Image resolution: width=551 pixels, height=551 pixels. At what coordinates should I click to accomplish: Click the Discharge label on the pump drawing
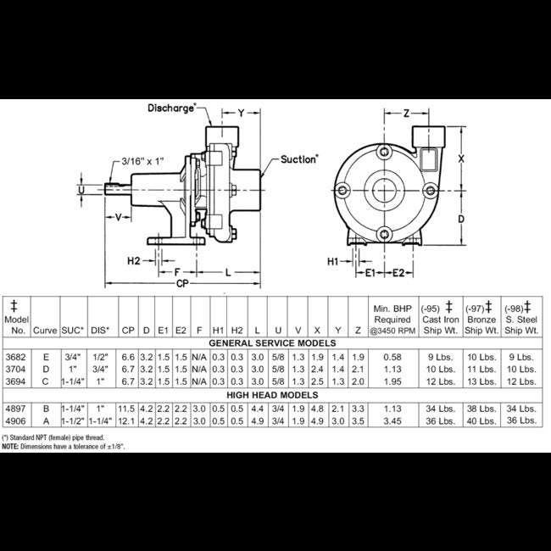coord(172,108)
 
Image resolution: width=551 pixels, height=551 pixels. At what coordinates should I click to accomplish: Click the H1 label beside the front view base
coord(333,262)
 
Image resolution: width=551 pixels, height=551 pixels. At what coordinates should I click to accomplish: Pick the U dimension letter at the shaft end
coord(81,191)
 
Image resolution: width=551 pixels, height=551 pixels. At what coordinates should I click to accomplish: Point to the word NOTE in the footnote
coord(11,445)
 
